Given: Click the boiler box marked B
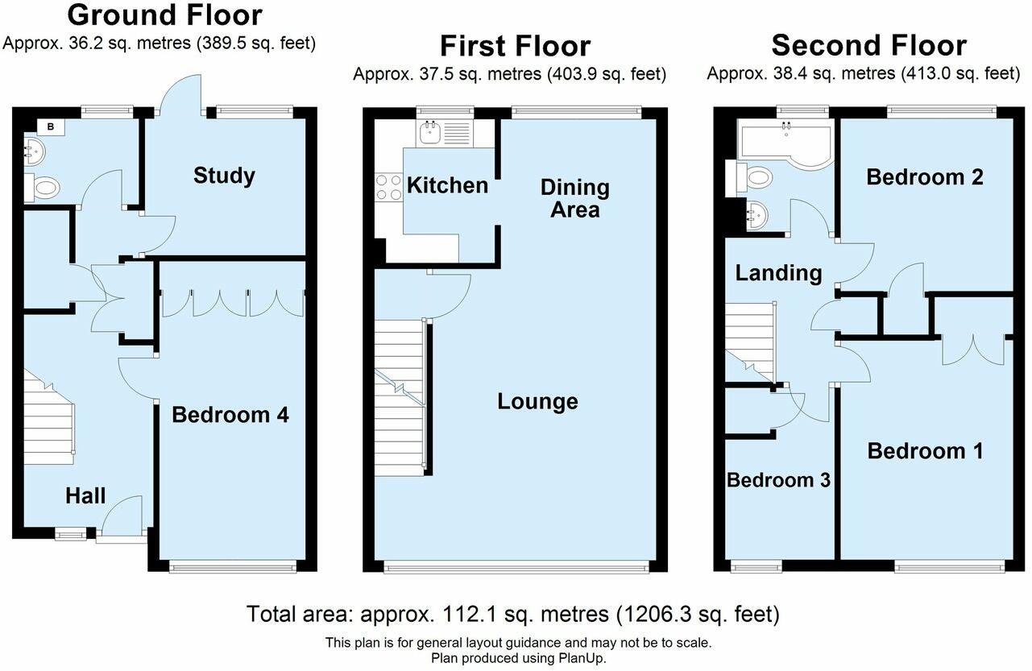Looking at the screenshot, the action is pos(51,127).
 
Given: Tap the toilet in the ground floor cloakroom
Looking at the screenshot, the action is pos(43,188).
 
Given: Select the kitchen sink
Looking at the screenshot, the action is pos(445,133).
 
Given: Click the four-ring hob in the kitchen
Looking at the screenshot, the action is pos(389,188).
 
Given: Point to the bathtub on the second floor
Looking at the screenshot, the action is pos(785,142).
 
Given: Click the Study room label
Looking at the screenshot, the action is pos(224,176).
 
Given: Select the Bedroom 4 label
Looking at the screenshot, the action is pos(230,415).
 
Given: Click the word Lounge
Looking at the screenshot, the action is pos(537,402).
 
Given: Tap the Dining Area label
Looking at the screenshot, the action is pos(575,198).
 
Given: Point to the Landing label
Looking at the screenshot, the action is pos(778,274).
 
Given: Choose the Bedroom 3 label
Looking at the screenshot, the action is pos(778,480).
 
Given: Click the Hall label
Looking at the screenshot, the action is pos(85,496).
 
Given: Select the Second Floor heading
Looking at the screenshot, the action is pos(869,45).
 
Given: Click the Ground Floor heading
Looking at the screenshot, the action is pos(165,14).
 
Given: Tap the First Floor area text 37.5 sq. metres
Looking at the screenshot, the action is pos(480,74).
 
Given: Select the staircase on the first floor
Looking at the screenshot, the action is pos(400,397).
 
